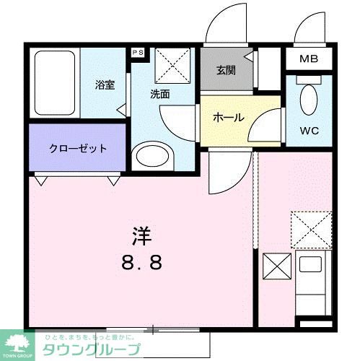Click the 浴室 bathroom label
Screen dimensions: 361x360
coord(105,85)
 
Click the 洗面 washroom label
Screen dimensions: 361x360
coord(159,94)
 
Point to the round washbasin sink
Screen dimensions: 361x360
coord(153,155)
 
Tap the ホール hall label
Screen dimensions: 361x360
coord(228,118)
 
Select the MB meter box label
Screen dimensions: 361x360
coord(309,58)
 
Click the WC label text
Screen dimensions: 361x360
coord(309,131)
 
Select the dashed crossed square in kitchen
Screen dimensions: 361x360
coord(310,230)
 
